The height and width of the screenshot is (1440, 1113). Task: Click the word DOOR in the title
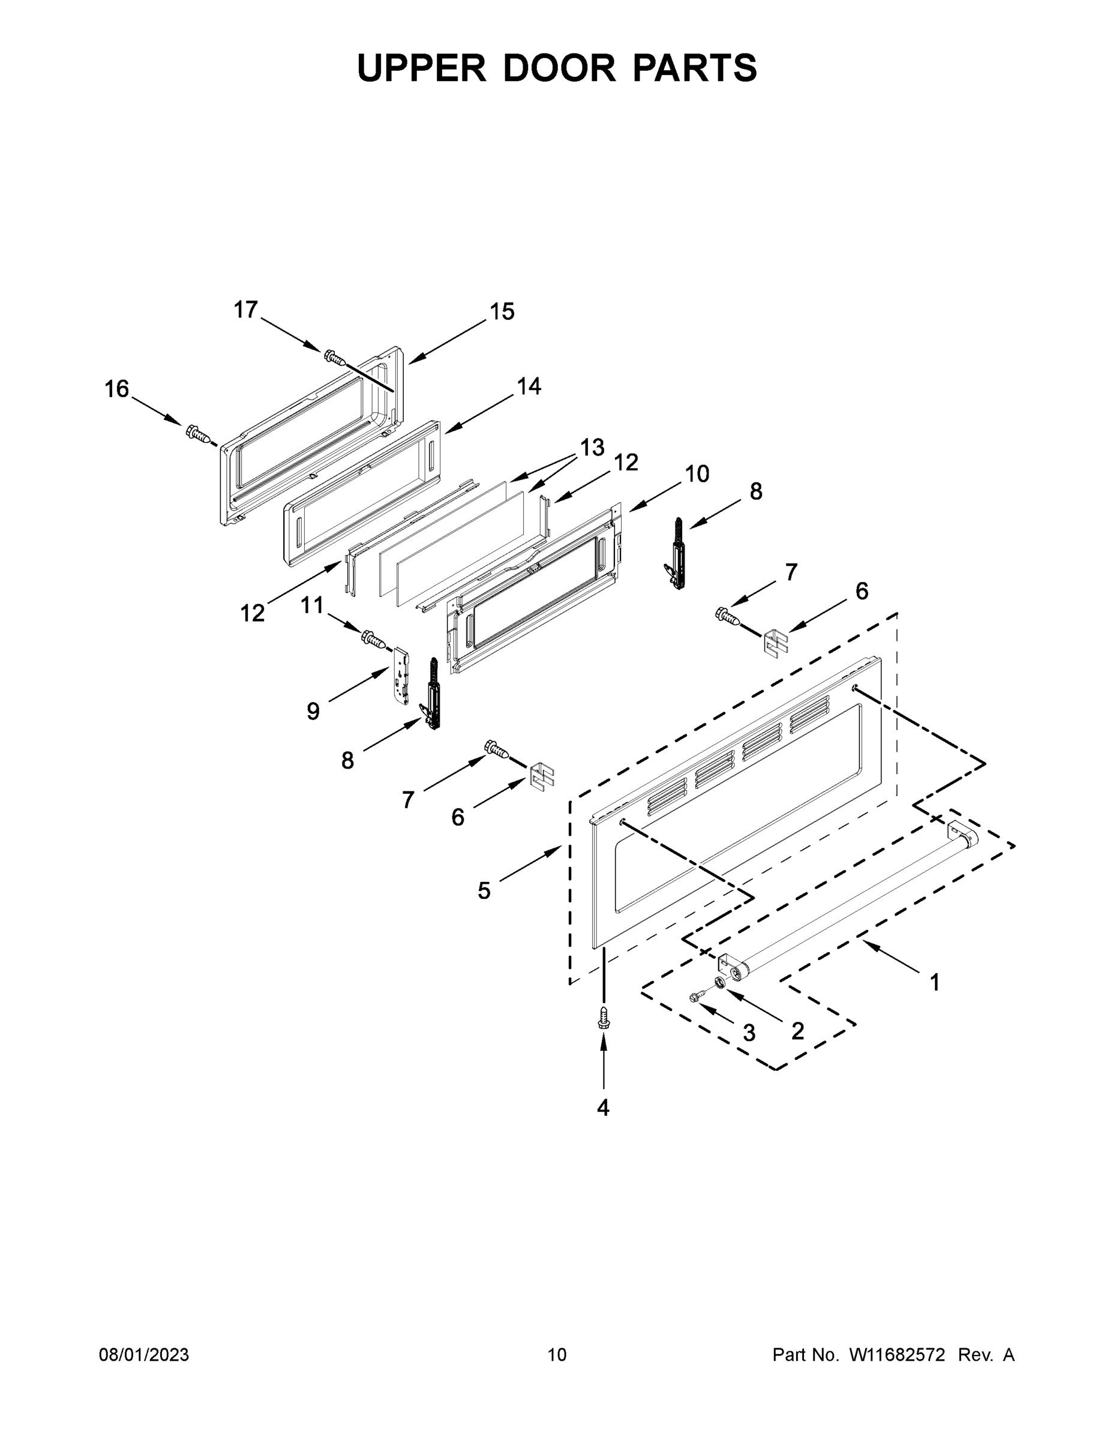pyautogui.click(x=559, y=68)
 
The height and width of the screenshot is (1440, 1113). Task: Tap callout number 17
pyautogui.click(x=245, y=309)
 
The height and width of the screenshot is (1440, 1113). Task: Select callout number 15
pyautogui.click(x=502, y=312)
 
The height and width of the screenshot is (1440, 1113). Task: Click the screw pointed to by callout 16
pyautogui.click(x=199, y=434)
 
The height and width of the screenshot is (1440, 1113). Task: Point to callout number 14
pyautogui.click(x=528, y=386)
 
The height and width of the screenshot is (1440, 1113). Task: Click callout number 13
pyautogui.click(x=592, y=448)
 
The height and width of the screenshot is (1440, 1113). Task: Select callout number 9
pyautogui.click(x=313, y=712)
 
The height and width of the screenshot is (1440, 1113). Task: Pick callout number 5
pyautogui.click(x=484, y=891)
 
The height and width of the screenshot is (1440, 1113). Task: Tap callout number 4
pyautogui.click(x=602, y=1108)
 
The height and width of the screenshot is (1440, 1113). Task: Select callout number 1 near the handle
pyautogui.click(x=934, y=982)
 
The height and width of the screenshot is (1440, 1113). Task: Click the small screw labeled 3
pyautogui.click(x=695, y=998)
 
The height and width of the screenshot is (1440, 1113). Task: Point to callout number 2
pyautogui.click(x=797, y=1031)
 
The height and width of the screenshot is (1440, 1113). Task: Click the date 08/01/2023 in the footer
pyautogui.click(x=144, y=1355)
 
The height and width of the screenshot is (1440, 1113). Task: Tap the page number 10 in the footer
pyautogui.click(x=557, y=1355)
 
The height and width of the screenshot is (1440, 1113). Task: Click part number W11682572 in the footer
pyautogui.click(x=897, y=1355)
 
